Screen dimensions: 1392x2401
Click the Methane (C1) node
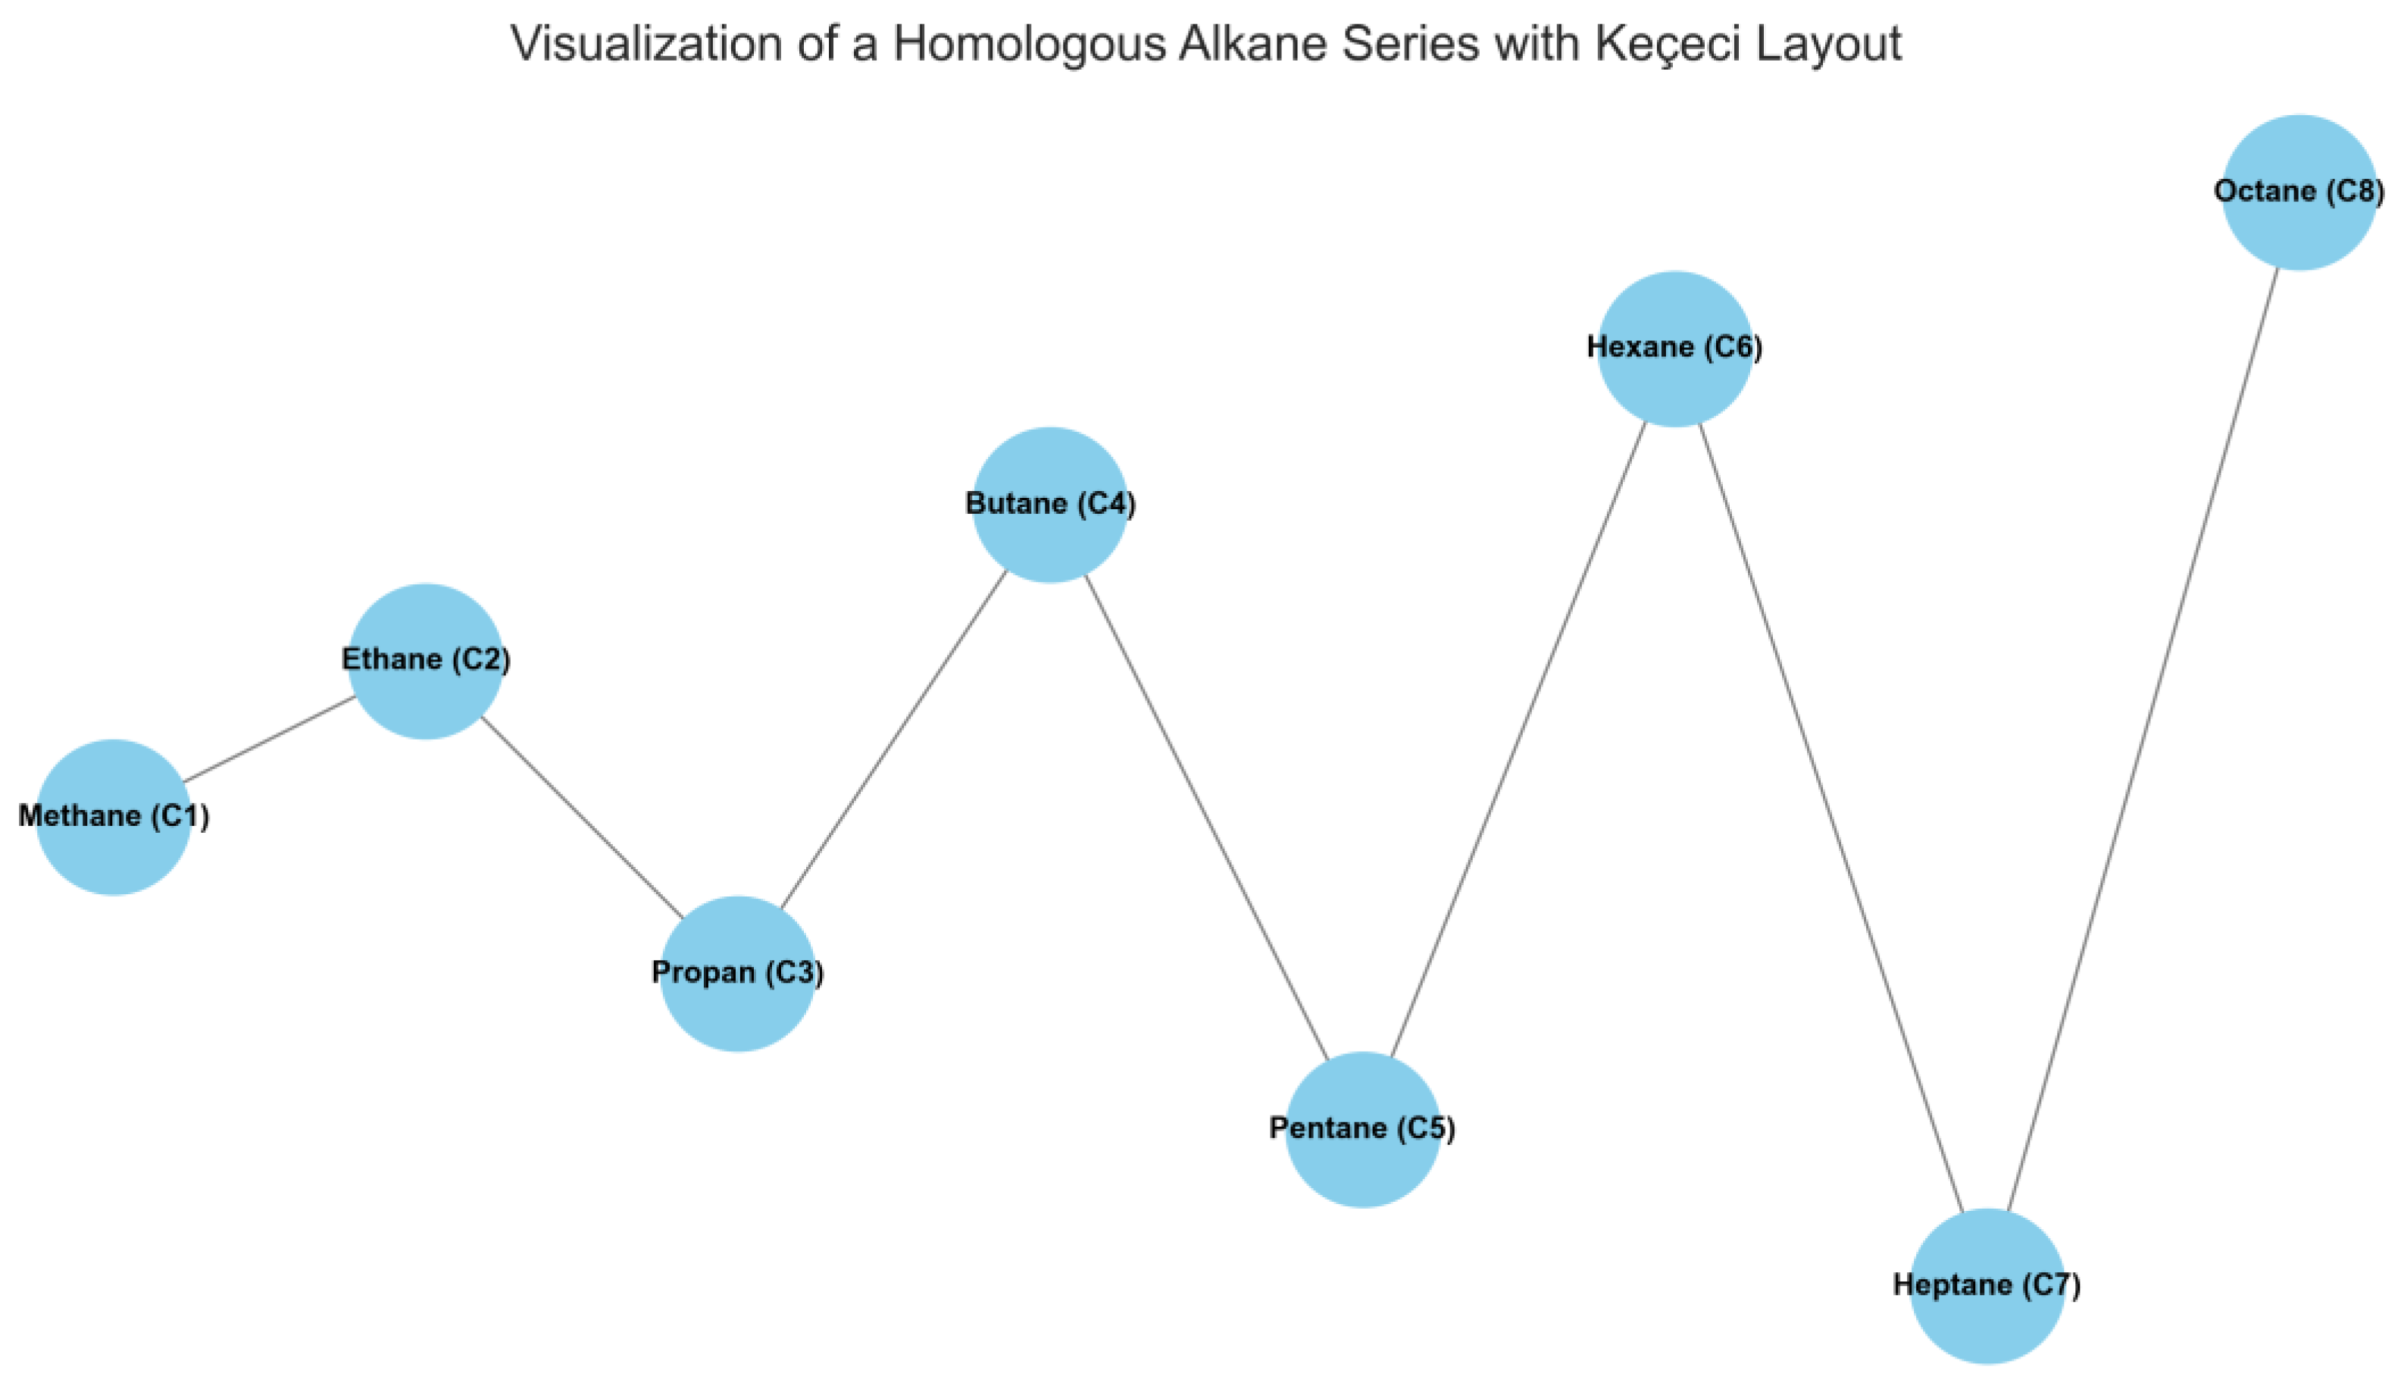pos(114,818)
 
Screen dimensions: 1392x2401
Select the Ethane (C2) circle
pos(425,662)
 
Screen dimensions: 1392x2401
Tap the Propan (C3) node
pos(737,974)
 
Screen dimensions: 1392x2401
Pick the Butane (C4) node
pos(1050,505)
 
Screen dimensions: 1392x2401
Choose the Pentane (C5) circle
pos(1362,1130)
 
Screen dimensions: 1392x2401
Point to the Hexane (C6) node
pos(1674,349)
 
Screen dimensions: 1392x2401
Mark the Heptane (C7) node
pos(1987,1286)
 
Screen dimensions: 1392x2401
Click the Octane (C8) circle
pos(2299,192)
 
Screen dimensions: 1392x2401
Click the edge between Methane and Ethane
pos(270,740)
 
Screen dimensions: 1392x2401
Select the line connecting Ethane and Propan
pos(581,818)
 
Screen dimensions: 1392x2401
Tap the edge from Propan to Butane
pos(894,740)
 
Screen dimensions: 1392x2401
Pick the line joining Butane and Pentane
pos(1206,818)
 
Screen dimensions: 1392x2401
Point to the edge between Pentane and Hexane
pos(1519,740)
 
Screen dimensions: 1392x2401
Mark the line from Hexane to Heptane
pos(1830,818)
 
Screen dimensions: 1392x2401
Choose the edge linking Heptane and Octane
pos(2143,740)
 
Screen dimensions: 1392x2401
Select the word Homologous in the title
pos(1028,44)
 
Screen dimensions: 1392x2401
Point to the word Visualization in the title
pos(647,44)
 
